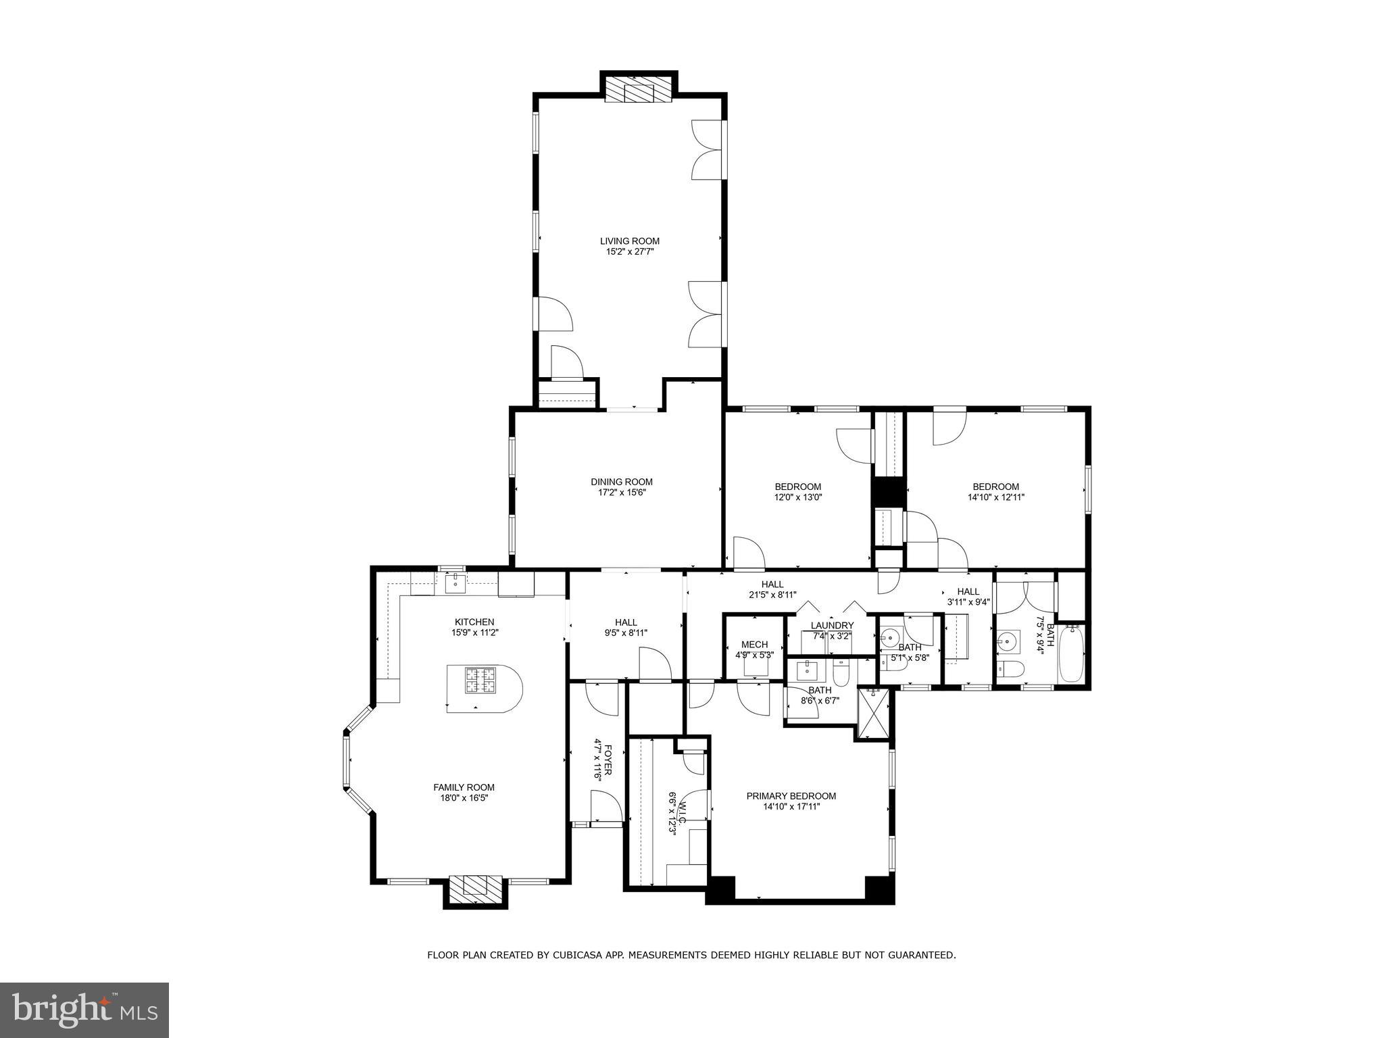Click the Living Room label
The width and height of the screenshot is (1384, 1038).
629,241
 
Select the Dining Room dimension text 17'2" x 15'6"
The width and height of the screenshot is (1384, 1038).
622,493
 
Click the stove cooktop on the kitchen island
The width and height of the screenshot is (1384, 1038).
480,680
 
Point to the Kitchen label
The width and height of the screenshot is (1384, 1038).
474,622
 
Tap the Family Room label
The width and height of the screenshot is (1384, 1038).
464,787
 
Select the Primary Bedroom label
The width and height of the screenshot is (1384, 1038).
791,796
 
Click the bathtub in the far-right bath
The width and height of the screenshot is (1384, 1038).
1071,653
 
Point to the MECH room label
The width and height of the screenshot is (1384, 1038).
754,645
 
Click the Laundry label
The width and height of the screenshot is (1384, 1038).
832,626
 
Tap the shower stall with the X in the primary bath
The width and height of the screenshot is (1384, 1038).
874,713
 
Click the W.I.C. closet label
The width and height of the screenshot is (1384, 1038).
683,811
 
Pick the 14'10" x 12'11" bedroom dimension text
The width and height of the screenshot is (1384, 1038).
995,497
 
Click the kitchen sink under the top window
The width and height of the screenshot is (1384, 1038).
455,582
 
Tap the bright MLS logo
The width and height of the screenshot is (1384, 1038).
84,1010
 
